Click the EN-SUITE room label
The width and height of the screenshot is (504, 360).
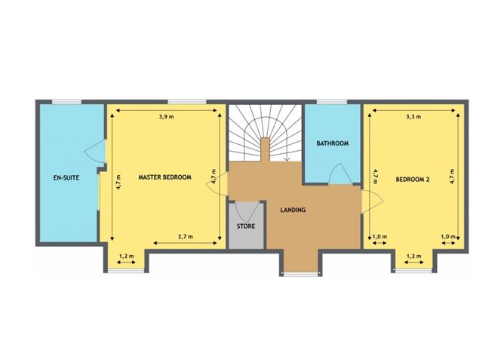coord(66,177)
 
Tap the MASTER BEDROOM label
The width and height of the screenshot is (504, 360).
coord(165,177)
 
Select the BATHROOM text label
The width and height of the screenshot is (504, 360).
coord(333,143)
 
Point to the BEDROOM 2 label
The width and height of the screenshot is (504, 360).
coord(413,180)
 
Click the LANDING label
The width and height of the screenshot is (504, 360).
coord(293,210)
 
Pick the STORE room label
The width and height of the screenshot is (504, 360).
coord(246,226)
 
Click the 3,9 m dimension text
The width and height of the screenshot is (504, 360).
coord(166,117)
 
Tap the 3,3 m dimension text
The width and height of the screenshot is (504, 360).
coord(413,117)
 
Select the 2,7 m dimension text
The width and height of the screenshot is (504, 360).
coord(186,236)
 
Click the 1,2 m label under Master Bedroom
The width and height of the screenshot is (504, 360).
coord(126,256)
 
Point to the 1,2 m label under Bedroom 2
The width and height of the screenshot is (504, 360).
coord(413,256)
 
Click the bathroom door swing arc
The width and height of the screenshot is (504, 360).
coord(340,174)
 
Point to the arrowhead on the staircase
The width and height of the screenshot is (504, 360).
coord(287,159)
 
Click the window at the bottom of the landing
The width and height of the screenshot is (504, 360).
coord(300,275)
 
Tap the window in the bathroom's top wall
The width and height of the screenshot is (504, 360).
coord(332,102)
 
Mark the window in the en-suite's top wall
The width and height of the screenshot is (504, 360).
coord(67,102)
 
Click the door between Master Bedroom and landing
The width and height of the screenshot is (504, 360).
coord(217,184)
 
